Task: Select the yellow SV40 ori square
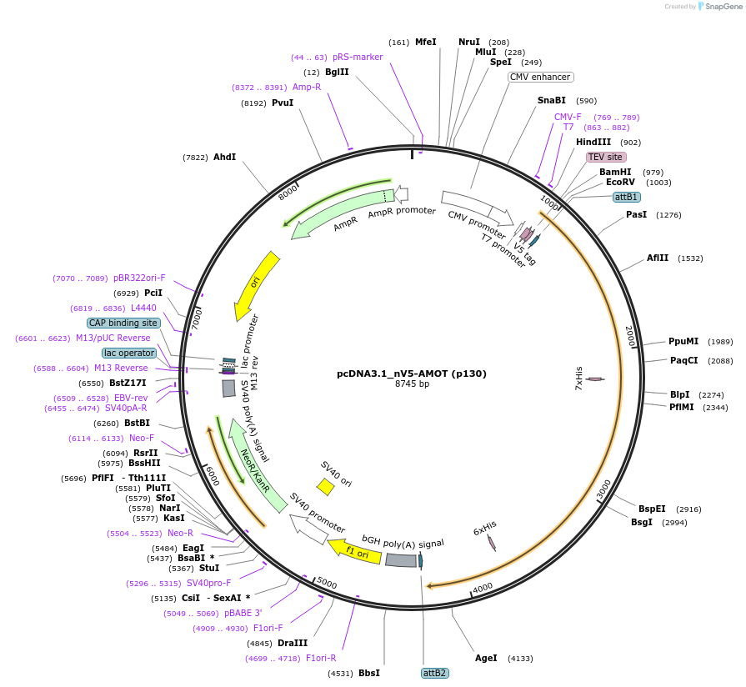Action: click(325, 486)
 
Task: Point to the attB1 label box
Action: click(626, 197)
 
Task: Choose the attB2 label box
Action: click(435, 673)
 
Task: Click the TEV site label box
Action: click(606, 157)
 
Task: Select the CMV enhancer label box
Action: click(540, 78)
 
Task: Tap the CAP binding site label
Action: click(123, 323)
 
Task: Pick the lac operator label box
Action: click(129, 353)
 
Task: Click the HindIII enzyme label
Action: click(593, 143)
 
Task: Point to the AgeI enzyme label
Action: click(486, 658)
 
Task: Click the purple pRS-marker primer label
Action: click(358, 58)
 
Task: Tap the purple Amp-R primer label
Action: click(307, 87)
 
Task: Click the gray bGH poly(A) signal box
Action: click(401, 561)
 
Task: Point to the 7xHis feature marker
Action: click(595, 379)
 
